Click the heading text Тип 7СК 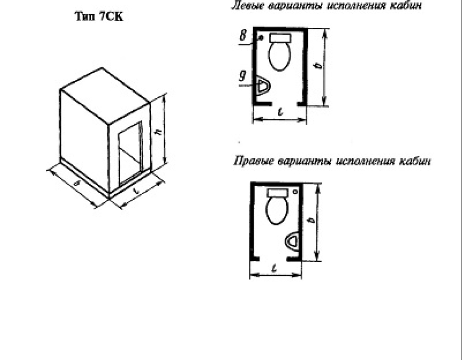click(99, 16)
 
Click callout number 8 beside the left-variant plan click(243, 35)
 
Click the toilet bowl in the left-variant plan click(280, 56)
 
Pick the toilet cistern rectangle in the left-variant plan click(280, 38)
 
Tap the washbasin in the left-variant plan click(263, 86)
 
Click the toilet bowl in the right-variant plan click(277, 210)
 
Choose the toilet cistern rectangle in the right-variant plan click(277, 193)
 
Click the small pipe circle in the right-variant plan click(295, 192)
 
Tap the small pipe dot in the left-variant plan click(260, 37)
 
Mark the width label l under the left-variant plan click(281, 111)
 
